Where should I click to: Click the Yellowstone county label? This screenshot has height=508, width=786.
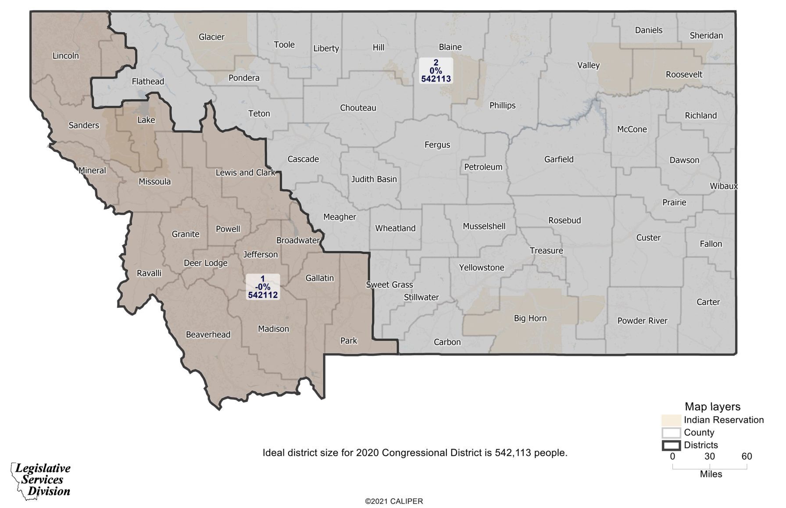(x=481, y=267)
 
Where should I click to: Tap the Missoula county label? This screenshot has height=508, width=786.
(x=154, y=181)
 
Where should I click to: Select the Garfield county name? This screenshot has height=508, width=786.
(x=558, y=159)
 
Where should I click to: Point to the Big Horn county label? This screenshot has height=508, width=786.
(x=530, y=318)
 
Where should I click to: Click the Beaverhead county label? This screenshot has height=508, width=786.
(x=208, y=335)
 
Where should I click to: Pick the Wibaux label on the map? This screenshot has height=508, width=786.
(x=723, y=186)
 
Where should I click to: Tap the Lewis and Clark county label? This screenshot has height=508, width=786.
(x=245, y=173)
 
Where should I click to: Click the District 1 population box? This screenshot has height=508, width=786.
(x=263, y=287)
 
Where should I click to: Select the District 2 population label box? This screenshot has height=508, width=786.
(x=436, y=71)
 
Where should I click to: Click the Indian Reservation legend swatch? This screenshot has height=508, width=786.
(x=671, y=420)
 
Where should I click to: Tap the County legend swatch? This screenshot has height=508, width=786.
(x=671, y=433)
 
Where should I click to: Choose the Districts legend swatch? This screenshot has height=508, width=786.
(x=671, y=445)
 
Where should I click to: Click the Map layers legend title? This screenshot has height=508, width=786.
(x=712, y=407)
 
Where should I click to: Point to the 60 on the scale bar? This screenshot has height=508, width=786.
(x=747, y=457)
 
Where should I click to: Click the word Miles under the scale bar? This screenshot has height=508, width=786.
(x=711, y=474)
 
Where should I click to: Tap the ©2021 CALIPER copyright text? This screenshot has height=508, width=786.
(x=394, y=501)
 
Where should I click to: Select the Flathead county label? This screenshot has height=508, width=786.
(x=148, y=82)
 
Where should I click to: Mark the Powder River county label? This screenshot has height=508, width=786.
(x=642, y=321)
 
